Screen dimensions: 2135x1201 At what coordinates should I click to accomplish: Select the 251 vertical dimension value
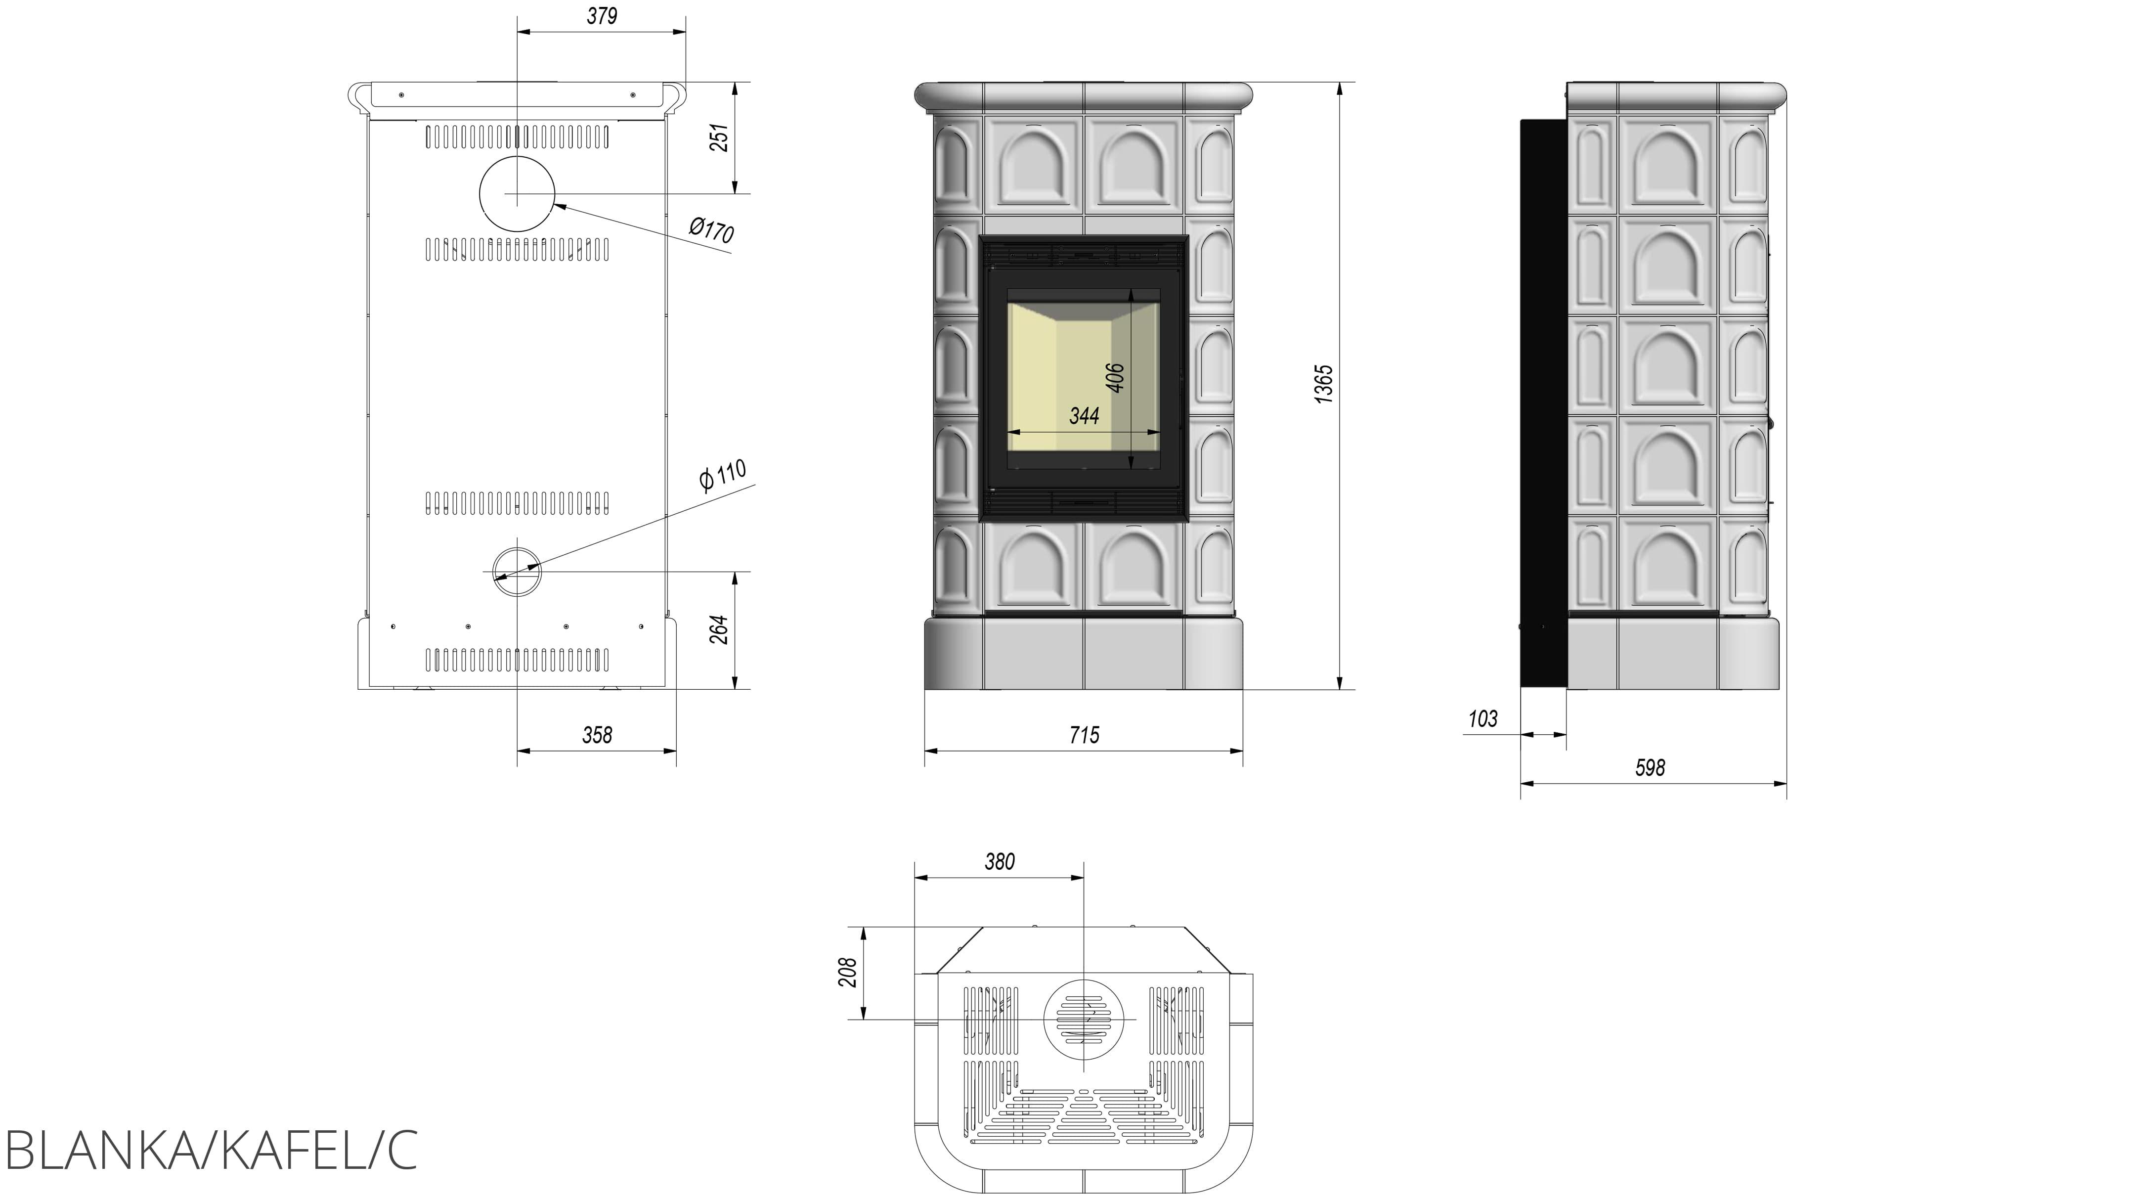(720, 137)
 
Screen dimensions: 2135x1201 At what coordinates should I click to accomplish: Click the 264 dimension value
(720, 630)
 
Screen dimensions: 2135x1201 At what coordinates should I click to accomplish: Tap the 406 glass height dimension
(1116, 378)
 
